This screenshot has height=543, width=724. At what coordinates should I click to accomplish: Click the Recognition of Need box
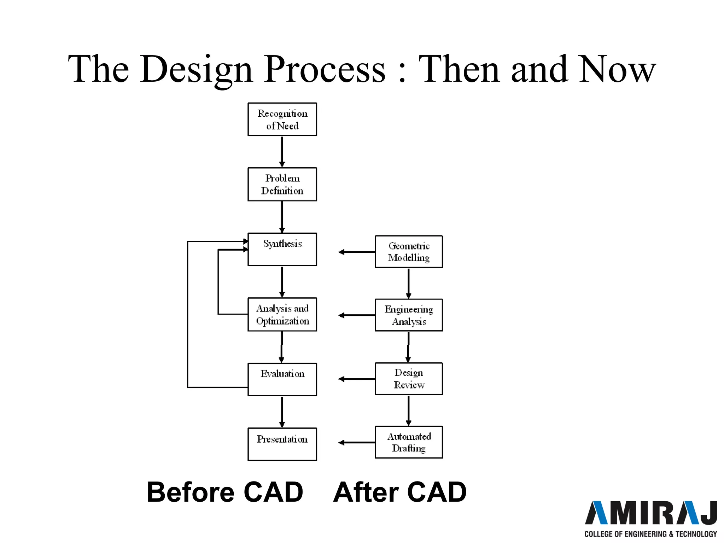pos(282,119)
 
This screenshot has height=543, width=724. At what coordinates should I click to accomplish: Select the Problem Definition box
pos(282,184)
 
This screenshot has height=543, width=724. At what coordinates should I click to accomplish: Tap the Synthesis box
pos(282,249)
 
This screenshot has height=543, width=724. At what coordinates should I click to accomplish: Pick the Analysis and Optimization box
pos(282,314)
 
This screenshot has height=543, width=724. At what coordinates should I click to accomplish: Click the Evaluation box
pos(282,379)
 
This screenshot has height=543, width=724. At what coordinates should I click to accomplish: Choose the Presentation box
pos(282,444)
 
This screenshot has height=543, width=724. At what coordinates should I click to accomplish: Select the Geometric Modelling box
pos(409,252)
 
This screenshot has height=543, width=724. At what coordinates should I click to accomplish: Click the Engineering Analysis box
pos(409,315)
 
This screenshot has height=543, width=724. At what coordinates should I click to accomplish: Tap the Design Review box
pos(409,379)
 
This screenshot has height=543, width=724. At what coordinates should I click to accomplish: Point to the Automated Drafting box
pos(409,442)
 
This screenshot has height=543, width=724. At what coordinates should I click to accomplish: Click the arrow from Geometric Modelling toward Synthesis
pos(356,252)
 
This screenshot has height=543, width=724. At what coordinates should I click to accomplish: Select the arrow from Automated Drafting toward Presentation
pos(356,442)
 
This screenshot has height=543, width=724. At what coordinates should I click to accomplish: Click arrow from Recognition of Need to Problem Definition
pos(282,151)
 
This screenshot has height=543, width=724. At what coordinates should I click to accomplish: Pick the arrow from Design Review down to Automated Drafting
pos(409,410)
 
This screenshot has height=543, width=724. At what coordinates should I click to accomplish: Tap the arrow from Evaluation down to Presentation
pos(282,411)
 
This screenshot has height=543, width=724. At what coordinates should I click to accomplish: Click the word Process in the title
pos(325,70)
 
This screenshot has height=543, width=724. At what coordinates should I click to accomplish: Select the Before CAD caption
pos(225,492)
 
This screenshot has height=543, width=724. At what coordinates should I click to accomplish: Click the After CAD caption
pos(400,492)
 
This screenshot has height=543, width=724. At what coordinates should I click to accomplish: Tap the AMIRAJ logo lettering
pos(650,513)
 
